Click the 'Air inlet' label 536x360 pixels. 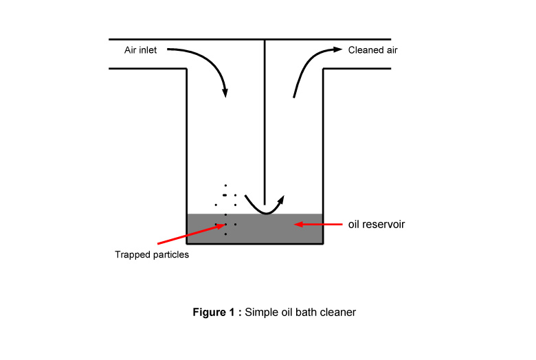(x=140, y=50)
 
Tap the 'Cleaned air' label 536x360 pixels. (x=372, y=50)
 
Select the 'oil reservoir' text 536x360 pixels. (x=377, y=224)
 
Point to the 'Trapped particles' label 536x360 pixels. (x=152, y=255)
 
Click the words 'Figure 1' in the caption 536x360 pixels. (x=214, y=312)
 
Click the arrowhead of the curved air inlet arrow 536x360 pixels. (x=225, y=93)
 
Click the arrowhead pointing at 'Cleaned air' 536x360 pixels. (x=337, y=49)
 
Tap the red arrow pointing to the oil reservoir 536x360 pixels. (x=318, y=224)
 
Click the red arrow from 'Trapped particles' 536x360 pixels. (x=192, y=234)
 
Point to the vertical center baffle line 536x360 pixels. (x=265, y=122)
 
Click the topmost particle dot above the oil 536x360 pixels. (x=225, y=185)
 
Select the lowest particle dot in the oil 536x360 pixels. (x=225, y=234)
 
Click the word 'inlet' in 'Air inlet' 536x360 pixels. (x=148, y=50)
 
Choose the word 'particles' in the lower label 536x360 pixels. (x=171, y=255)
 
